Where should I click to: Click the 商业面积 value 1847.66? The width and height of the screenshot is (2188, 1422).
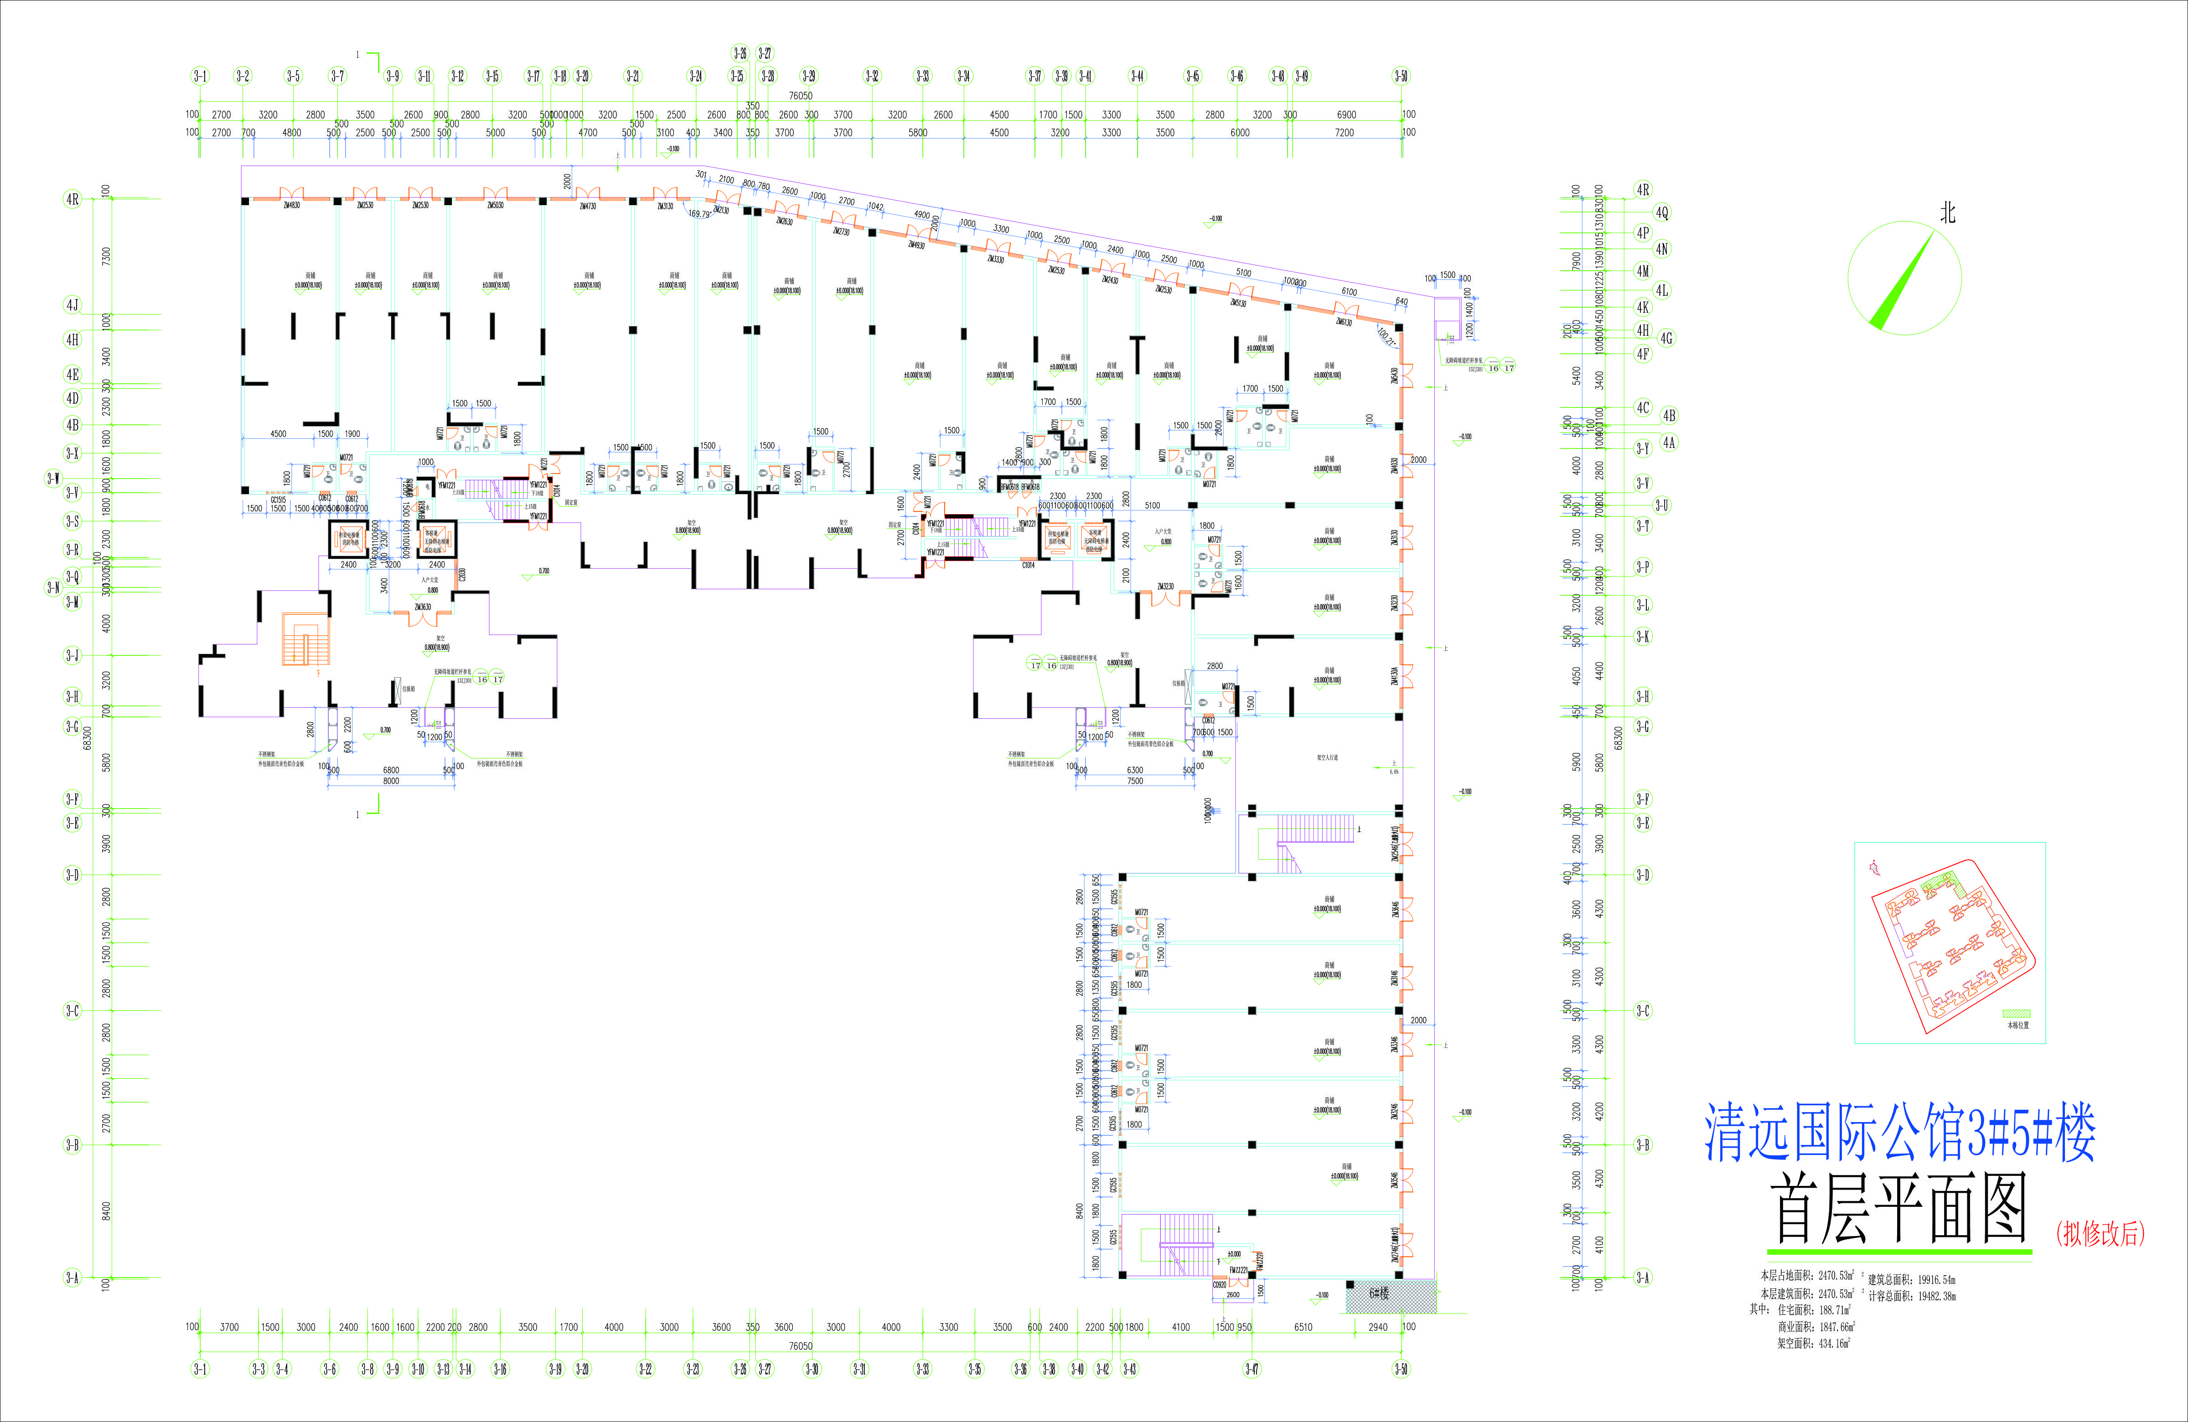coord(1836,1326)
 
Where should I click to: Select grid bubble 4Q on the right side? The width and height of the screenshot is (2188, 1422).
coord(1662,212)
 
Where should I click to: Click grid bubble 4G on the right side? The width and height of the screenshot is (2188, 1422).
coord(1667,338)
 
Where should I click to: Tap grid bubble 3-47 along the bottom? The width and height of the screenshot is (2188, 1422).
coord(1252,1369)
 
